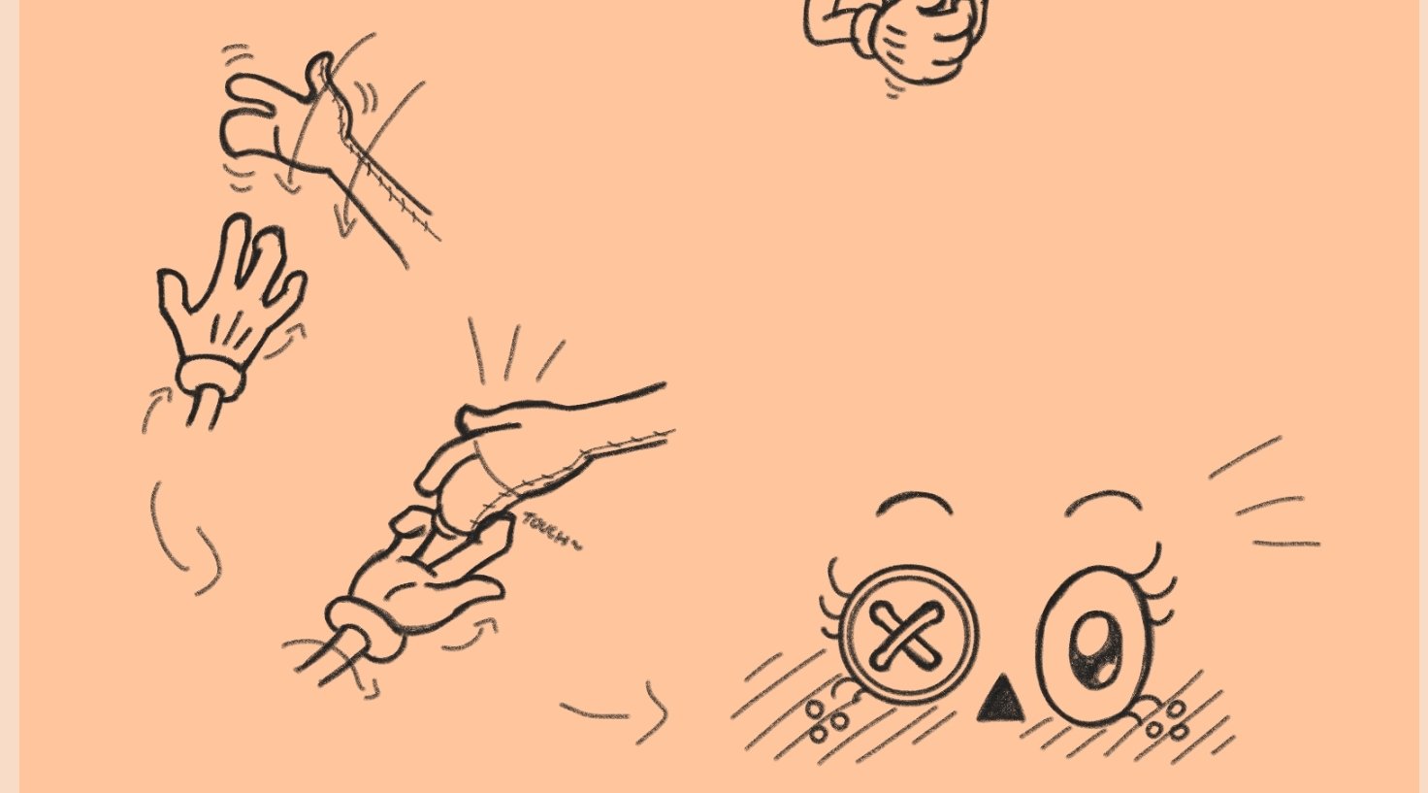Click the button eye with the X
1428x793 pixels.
pos(908,634)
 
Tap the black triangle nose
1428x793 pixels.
pos(1001,699)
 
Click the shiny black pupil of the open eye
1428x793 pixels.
pos(1094,649)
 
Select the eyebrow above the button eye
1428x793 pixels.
pos(915,500)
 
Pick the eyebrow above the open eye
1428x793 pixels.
pos(1104,500)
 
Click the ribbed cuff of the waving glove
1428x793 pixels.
pos(210,379)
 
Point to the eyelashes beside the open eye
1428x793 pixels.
pos(1157,583)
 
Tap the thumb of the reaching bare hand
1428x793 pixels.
pos(488,418)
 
